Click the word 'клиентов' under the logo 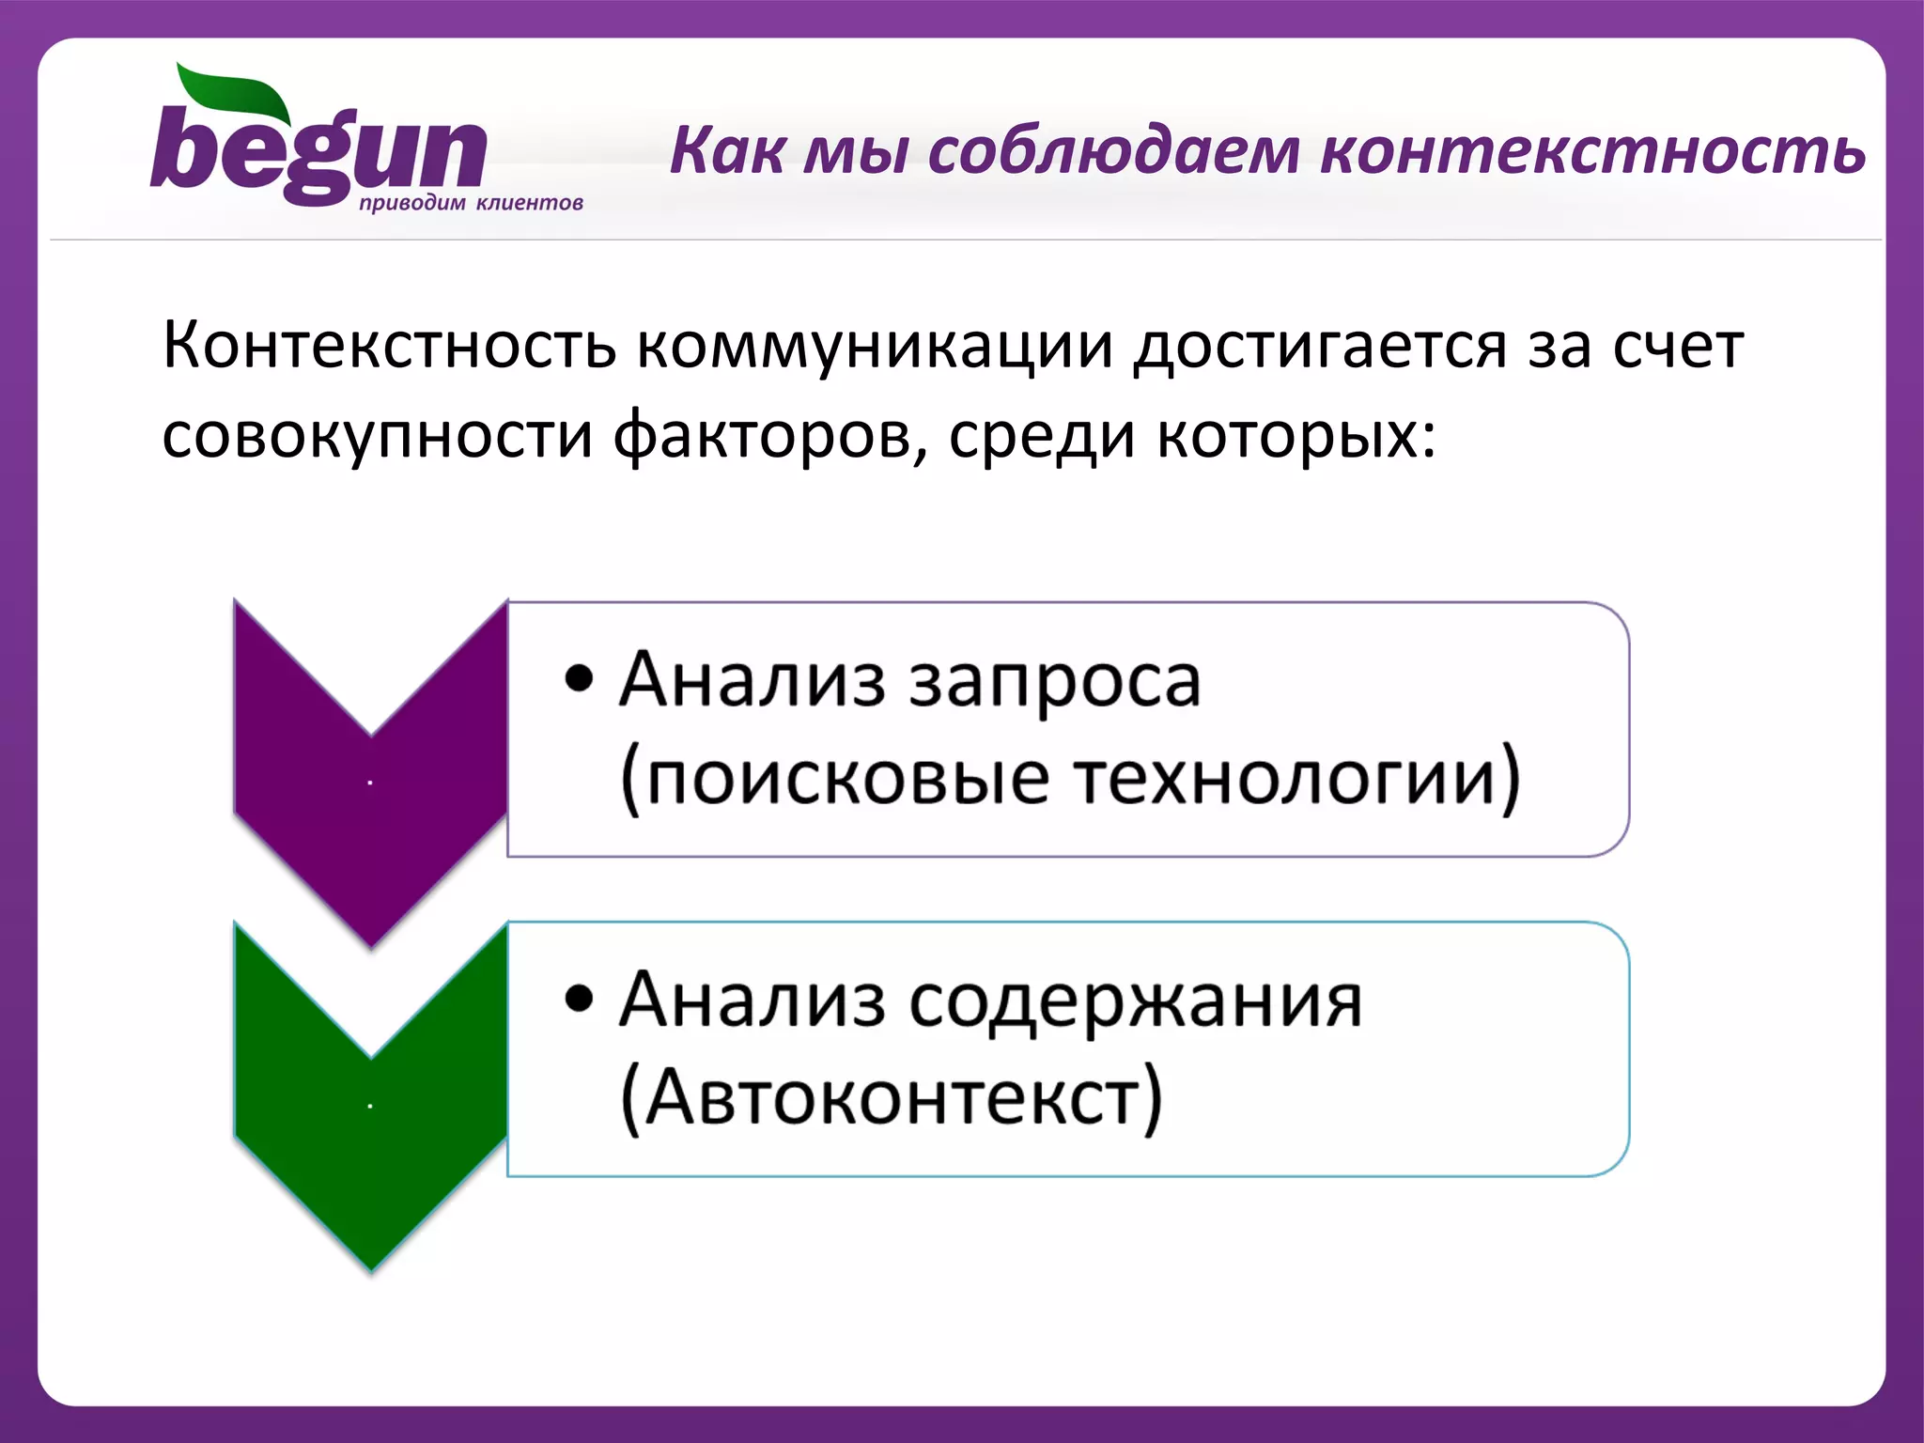point(529,203)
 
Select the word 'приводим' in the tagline point(411,204)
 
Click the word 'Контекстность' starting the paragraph point(389,346)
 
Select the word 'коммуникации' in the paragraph point(875,346)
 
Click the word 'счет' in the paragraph point(1678,346)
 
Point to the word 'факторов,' point(769,436)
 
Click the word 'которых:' point(1296,436)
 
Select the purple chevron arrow point(370,780)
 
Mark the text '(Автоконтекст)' point(891,1098)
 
